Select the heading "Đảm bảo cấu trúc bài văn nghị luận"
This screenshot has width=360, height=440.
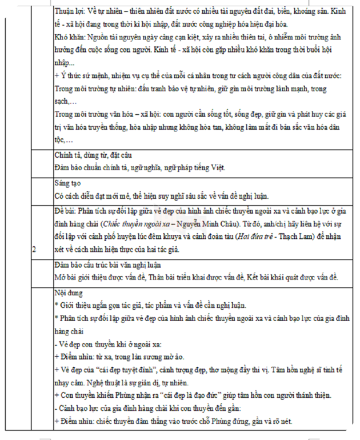click(107, 265)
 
